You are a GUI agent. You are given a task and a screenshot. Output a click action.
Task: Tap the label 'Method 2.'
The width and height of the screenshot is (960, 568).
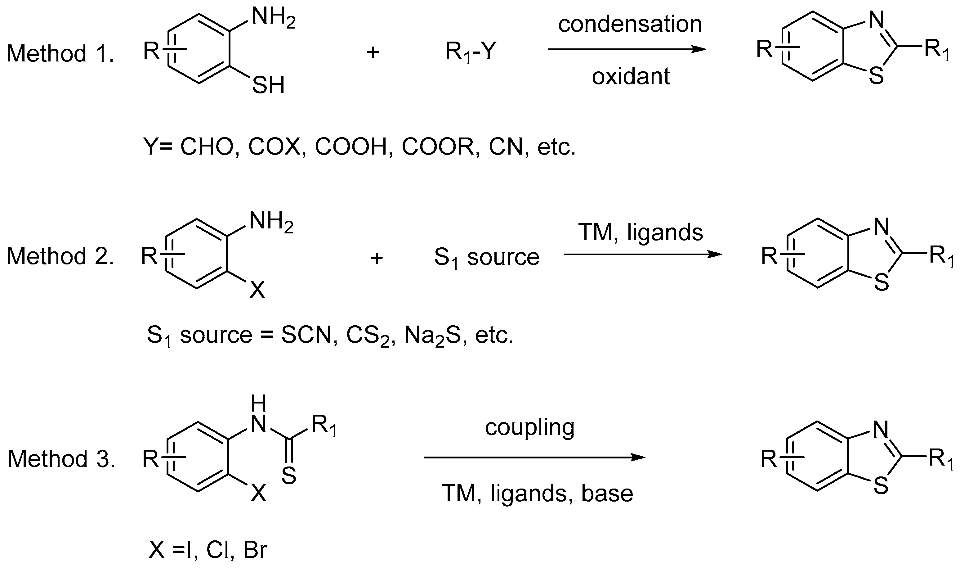click(60, 256)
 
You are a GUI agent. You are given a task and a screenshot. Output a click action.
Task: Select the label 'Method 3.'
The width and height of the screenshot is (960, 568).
click(61, 458)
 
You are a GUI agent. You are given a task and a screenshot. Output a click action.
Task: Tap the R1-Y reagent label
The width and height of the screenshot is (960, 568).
click(471, 52)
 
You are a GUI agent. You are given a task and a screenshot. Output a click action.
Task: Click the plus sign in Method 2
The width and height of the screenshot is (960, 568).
click(377, 258)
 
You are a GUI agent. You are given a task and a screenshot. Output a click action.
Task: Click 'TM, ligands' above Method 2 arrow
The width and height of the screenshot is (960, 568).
click(641, 233)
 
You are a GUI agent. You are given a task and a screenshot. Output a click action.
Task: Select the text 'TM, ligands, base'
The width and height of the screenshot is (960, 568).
click(537, 494)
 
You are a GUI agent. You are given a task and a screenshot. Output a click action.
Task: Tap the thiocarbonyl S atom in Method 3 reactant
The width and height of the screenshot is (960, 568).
click(289, 476)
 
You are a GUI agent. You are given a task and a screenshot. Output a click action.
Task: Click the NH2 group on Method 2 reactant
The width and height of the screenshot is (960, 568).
click(271, 222)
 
